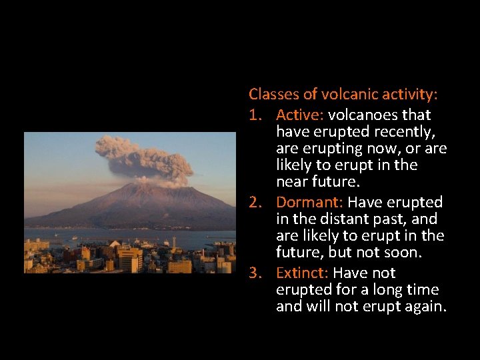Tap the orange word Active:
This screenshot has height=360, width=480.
299,115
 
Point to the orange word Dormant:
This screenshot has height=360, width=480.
309,202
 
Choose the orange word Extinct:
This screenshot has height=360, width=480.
302,273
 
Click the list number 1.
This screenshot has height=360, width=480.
255,115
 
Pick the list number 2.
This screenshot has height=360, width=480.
255,202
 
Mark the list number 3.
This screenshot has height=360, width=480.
255,273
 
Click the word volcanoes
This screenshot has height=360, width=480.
363,115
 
